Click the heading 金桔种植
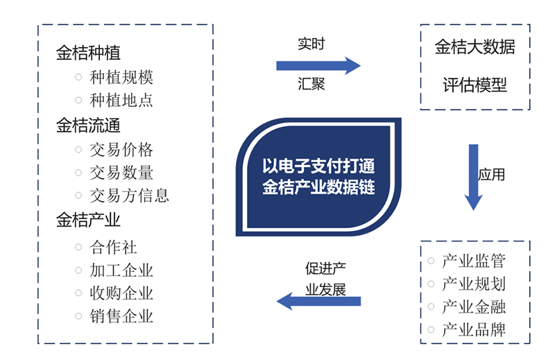coord(88,53)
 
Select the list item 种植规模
coord(121,77)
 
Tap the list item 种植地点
coord(121,101)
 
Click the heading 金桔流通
coord(88,126)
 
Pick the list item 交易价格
coord(121,150)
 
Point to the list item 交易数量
coord(121,173)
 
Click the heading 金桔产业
coord(88,221)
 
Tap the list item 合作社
coord(114,246)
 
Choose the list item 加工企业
coord(121,270)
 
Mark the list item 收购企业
coord(121,293)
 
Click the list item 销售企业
coord(121,317)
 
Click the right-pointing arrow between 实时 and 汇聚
coord(318,66)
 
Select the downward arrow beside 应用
coord(473,177)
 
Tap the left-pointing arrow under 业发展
coord(318,301)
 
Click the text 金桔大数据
coord(475,48)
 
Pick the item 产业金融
coord(475,307)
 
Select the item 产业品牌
coord(475,329)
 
